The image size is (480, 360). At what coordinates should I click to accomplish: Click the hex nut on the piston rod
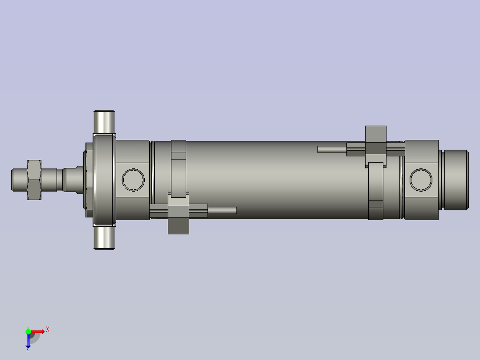[x=34, y=180]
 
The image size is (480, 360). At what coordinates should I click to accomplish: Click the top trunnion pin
[x=105, y=121]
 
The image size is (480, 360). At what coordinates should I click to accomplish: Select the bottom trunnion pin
[x=105, y=238]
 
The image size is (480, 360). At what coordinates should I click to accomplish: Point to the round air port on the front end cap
[x=133, y=180]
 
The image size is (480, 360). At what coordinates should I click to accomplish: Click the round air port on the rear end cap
[x=421, y=180]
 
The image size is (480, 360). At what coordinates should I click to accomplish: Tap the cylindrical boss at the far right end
[x=455, y=180]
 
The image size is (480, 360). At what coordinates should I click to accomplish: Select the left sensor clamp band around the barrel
[x=179, y=168]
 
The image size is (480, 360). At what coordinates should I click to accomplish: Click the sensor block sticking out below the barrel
[x=179, y=225]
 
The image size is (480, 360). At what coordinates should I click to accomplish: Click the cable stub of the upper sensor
[x=332, y=149]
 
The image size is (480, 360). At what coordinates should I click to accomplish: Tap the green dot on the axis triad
[x=28, y=331]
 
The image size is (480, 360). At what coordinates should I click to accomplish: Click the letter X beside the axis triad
[x=48, y=330]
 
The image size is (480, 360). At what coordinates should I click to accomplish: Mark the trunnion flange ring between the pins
[x=105, y=180]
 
